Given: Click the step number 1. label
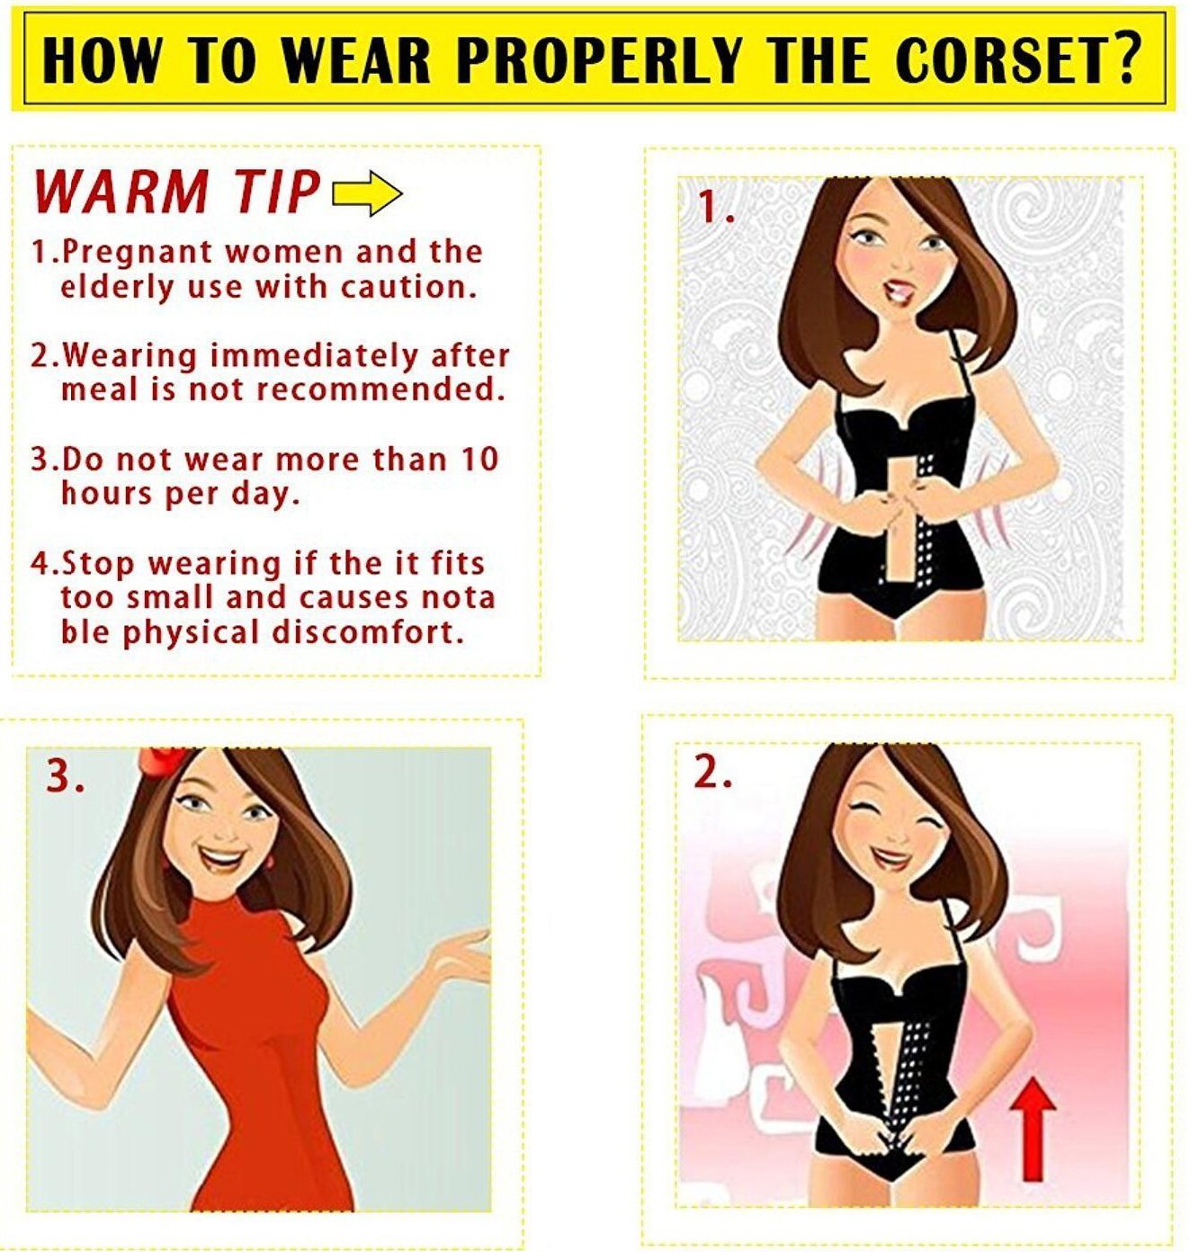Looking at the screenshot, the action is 717,208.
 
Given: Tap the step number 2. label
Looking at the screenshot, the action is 712,774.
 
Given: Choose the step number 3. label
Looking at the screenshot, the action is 65,777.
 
